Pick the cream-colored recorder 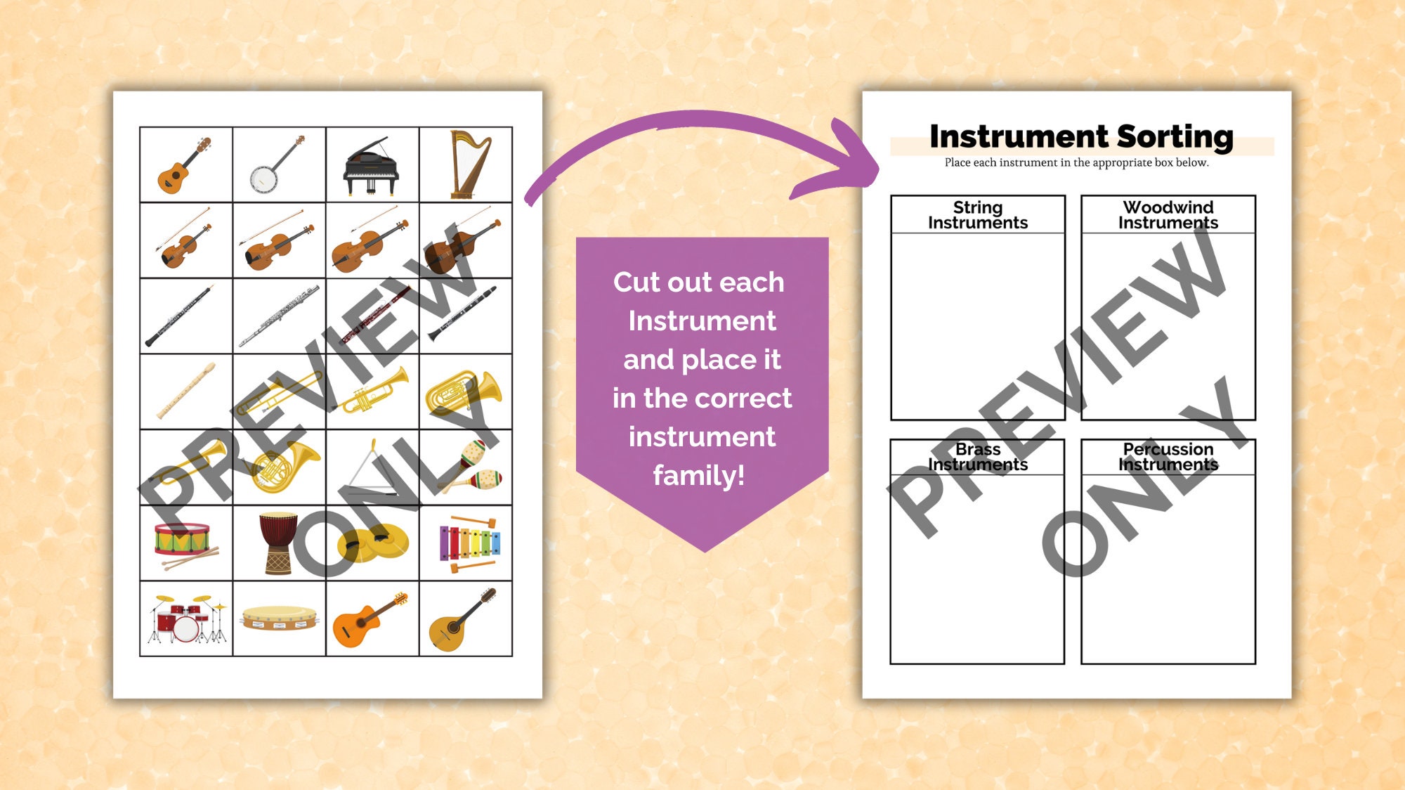click(x=185, y=391)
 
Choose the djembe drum click(x=278, y=543)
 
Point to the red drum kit click(x=186, y=620)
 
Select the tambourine click(x=279, y=618)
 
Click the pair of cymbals click(x=372, y=543)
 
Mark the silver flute click(x=279, y=316)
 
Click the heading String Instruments click(x=977, y=215)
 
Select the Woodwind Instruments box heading click(x=1168, y=215)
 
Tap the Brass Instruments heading click(x=977, y=457)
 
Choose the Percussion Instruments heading click(x=1168, y=457)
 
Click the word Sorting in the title click(x=1175, y=137)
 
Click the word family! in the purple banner click(x=698, y=476)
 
